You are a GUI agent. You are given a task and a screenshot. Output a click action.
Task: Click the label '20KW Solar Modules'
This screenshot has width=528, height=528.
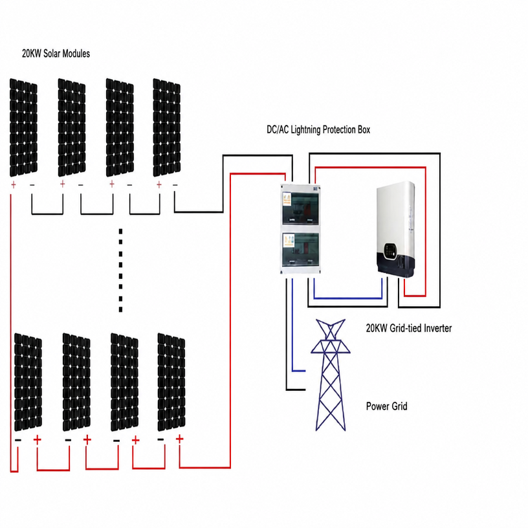tap(56, 54)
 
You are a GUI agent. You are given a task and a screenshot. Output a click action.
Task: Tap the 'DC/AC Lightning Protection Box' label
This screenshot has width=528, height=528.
tap(318, 129)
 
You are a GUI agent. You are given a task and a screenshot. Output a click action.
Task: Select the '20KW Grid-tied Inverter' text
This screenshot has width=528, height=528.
tap(409, 328)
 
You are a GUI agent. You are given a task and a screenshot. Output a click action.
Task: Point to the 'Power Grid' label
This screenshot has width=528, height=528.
tap(386, 406)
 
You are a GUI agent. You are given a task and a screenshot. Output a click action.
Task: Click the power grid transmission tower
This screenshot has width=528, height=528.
tap(331, 375)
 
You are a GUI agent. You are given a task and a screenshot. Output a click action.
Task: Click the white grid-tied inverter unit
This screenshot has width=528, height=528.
tap(395, 229)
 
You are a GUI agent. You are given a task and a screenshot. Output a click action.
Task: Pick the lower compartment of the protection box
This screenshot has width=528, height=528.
tap(300, 249)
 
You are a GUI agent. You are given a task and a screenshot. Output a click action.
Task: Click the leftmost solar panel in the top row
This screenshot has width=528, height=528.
tap(23, 127)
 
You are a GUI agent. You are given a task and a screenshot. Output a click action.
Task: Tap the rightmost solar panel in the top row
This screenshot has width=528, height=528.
tap(167, 127)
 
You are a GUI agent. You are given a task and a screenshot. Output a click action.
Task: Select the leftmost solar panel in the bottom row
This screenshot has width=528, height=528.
tap(28, 382)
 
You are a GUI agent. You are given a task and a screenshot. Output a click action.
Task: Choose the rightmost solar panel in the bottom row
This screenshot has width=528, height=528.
tap(171, 382)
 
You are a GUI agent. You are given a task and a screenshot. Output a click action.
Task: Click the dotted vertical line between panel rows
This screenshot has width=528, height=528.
tap(120, 270)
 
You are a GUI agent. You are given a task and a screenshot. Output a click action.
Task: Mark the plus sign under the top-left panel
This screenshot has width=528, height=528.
tap(14, 184)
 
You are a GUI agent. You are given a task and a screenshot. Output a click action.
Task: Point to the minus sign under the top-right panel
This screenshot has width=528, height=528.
tap(175, 184)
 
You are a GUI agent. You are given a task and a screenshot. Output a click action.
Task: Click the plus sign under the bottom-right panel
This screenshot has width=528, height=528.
tap(179, 439)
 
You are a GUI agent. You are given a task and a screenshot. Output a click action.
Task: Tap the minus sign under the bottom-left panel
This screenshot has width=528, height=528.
tap(18, 440)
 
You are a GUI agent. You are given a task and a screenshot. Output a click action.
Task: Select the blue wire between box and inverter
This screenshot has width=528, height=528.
tap(348, 298)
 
